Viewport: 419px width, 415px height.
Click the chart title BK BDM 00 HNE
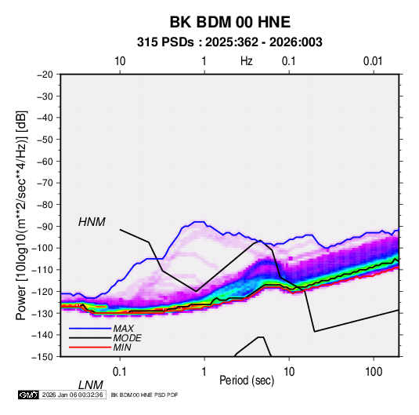coord(230,22)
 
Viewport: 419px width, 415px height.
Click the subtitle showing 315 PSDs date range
coord(229,42)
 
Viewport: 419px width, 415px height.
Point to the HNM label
coord(92,222)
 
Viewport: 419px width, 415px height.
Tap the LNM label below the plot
coord(91,385)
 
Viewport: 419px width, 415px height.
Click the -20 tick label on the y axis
coord(45,75)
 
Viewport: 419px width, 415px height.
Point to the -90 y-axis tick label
coord(45,227)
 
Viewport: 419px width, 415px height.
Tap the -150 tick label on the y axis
coord(42,357)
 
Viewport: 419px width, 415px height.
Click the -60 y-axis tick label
coord(45,161)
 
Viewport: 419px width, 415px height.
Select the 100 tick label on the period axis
coord(374,372)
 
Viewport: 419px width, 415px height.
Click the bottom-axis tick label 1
coord(204,372)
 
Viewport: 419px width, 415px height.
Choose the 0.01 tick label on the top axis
coord(373,61)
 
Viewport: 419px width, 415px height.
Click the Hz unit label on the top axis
coord(247,61)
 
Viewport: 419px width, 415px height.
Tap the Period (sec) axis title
coord(247,380)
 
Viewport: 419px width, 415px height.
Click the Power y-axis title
coord(21,216)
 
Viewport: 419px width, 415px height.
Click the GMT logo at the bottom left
coord(28,395)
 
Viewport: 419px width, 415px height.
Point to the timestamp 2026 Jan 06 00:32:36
coord(72,395)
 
